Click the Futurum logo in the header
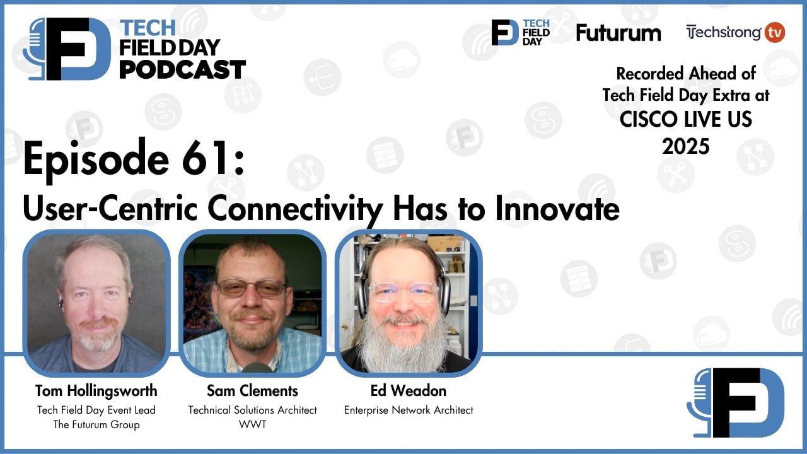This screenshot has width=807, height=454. tap(618, 33)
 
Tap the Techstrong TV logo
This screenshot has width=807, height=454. tap(735, 32)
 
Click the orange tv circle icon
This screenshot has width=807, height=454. tap(775, 32)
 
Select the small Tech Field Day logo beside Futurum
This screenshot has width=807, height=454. tap(521, 32)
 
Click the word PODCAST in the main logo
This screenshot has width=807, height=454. tap(182, 69)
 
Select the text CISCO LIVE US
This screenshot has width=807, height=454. tap(685, 119)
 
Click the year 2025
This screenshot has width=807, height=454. tap(685, 146)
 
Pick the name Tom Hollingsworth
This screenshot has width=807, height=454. tap(96, 390)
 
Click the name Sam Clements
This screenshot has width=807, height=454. tap(252, 390)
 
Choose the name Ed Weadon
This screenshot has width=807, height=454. tap(408, 390)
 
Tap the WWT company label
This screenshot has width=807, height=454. tap(252, 424)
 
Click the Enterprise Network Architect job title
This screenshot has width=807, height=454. tap(408, 410)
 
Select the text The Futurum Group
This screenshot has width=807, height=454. tap(96, 424)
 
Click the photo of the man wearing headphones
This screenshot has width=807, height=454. tap(408, 303)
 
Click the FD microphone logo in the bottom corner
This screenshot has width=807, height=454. tap(736, 402)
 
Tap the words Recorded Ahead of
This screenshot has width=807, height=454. tap(685, 73)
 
